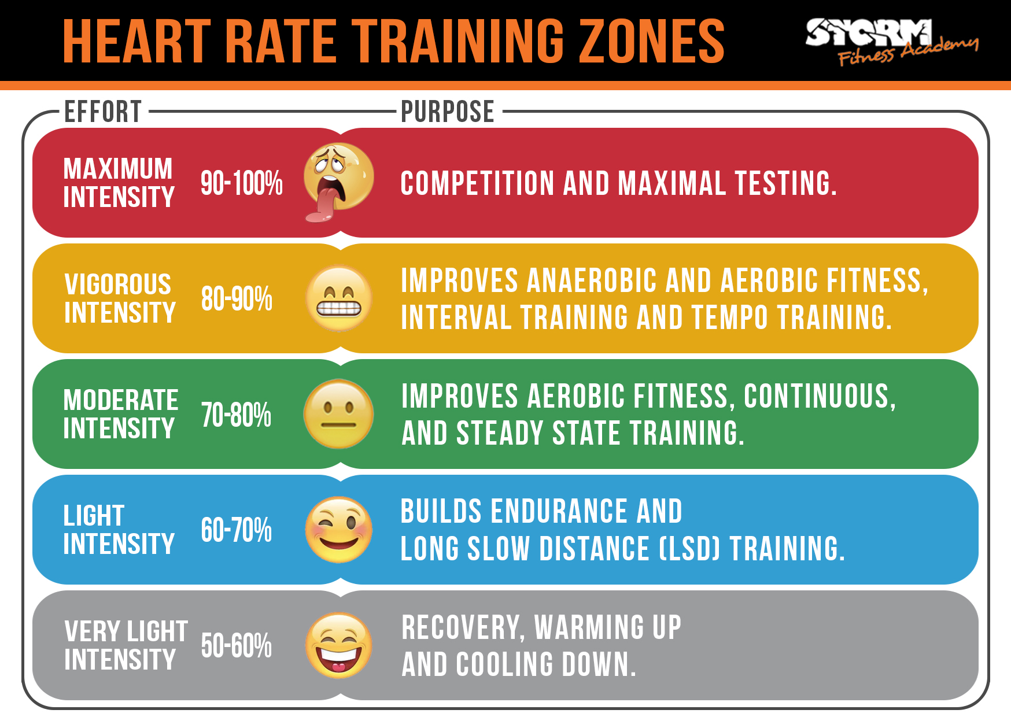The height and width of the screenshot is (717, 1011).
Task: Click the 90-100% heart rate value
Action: point(241,183)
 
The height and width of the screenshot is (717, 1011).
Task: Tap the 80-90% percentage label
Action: point(237,299)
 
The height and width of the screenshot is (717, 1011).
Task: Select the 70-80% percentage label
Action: point(236,415)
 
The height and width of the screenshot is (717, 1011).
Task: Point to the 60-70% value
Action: point(236,530)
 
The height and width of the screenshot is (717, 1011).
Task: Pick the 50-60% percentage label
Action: point(236,646)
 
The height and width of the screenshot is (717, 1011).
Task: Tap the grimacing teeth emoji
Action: point(339,298)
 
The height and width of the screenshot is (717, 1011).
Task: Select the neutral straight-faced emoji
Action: point(339,414)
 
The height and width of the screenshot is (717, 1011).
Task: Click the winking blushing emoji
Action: point(339,530)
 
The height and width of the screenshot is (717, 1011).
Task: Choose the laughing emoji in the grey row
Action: point(339,645)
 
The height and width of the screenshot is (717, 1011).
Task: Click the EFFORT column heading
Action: point(103,112)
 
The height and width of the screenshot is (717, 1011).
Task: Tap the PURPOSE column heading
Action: point(448,112)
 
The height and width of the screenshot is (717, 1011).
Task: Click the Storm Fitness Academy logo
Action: point(891,40)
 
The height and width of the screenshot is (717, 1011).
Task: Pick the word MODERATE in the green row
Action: point(120,400)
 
